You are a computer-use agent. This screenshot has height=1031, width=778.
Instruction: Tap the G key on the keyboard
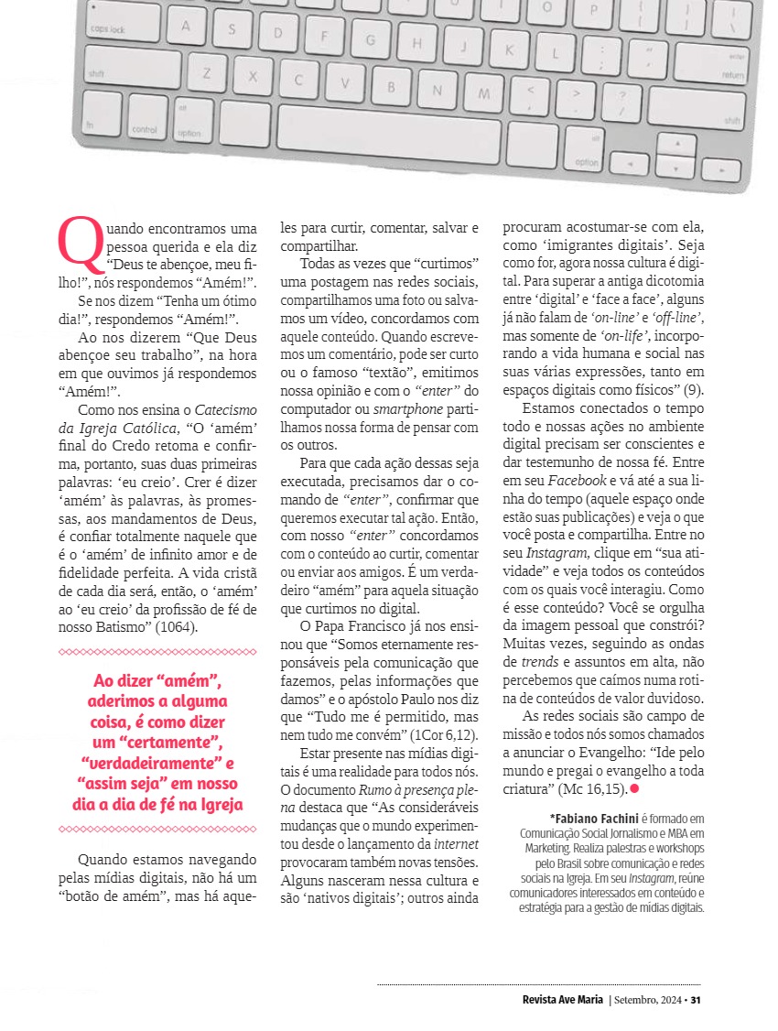(371, 40)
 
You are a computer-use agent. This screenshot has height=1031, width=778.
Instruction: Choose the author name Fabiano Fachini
(594, 818)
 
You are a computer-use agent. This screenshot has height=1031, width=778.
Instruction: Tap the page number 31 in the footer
(696, 999)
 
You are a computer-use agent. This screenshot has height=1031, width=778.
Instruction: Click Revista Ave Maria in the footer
(556, 999)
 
